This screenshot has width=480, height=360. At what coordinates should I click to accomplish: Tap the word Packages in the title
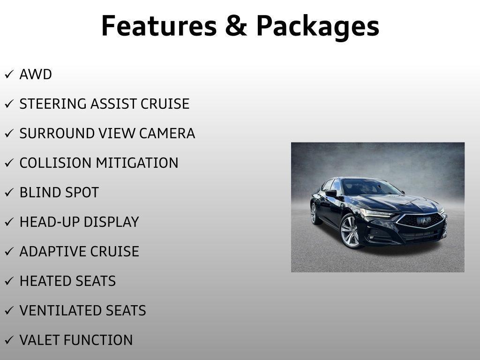click(317, 27)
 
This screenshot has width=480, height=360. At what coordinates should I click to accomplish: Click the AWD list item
click(36, 75)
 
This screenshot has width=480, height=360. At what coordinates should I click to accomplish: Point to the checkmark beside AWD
click(9, 75)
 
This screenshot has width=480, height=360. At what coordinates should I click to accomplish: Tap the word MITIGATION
click(137, 163)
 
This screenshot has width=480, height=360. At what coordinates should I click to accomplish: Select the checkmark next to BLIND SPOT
click(9, 193)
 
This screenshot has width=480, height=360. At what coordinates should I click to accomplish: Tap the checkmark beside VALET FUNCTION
click(9, 341)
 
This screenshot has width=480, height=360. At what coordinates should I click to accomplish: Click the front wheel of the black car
click(350, 231)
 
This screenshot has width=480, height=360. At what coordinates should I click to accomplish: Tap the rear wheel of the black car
click(314, 213)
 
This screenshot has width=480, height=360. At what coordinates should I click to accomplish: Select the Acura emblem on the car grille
click(424, 220)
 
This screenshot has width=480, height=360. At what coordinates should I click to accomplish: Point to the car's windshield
click(370, 187)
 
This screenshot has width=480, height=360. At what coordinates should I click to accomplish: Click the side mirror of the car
click(331, 193)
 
